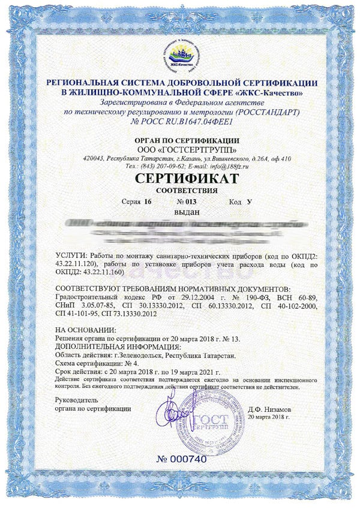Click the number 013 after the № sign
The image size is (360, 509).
[191, 202]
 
